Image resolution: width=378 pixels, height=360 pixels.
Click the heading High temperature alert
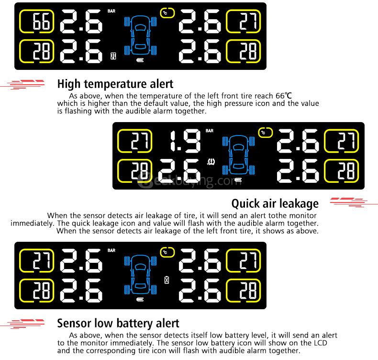[x=115, y=84]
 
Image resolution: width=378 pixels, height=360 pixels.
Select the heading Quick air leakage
[x=275, y=203]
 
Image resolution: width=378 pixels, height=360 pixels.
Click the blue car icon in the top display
[x=141, y=36]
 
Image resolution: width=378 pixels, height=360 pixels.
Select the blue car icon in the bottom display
[x=141, y=275]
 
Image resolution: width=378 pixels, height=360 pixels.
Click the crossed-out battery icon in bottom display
[x=167, y=280]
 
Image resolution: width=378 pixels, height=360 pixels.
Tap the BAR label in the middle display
[x=210, y=130]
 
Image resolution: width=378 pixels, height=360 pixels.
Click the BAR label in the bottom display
[x=111, y=250]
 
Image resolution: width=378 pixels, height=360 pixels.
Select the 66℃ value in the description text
[x=283, y=95]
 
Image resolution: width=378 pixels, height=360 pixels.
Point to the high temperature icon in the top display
[x=113, y=56]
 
